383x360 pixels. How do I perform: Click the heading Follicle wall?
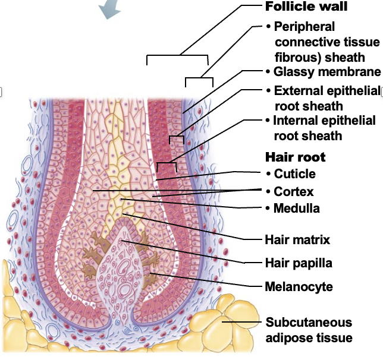point(306,7)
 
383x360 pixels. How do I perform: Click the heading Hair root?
point(295,157)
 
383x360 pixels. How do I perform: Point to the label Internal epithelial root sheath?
point(324,128)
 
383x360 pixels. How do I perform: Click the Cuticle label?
point(294,174)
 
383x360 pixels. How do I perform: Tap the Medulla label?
point(296,209)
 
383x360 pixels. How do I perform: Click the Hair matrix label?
point(297,240)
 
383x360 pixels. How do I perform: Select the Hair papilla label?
point(299,263)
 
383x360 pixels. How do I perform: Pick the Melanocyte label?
point(299,287)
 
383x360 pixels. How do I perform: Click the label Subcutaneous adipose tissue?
point(309,330)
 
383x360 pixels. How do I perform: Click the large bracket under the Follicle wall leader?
point(177,57)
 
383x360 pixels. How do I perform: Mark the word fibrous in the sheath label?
point(294,58)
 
